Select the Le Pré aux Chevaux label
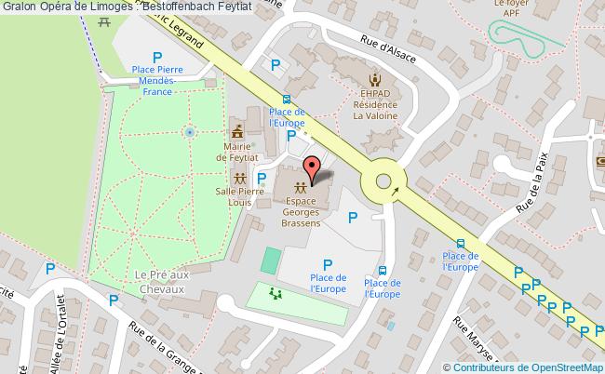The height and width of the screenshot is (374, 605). (x=168, y=281)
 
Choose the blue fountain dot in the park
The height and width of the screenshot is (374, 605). (x=189, y=133)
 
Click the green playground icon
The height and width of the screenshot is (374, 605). (x=275, y=295)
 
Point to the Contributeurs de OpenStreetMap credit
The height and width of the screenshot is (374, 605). (x=530, y=364)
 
